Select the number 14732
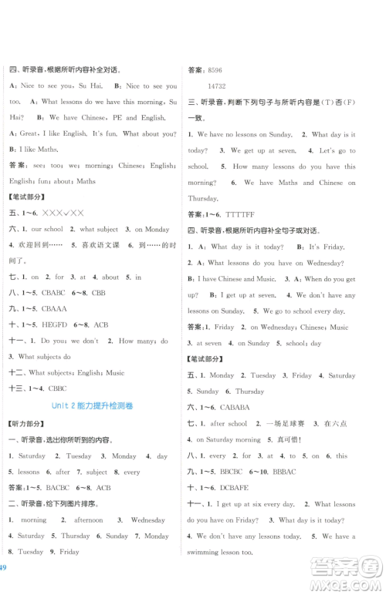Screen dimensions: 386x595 220,85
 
